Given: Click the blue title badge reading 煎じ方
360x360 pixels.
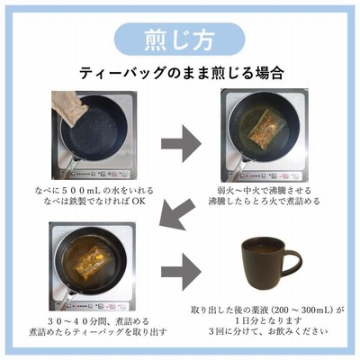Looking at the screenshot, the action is pyautogui.click(x=180, y=40).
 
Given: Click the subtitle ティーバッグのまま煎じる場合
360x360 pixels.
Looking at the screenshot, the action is pyautogui.click(x=182, y=73).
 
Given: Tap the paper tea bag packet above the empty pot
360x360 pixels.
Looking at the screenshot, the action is pyautogui.click(x=69, y=107).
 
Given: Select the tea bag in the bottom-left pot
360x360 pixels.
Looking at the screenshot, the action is pyautogui.click(x=90, y=262).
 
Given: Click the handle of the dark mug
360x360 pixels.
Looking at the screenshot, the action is pyautogui.click(x=292, y=264).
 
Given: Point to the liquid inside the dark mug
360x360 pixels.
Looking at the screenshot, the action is pyautogui.click(x=263, y=248).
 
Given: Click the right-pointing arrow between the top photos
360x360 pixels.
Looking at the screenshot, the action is pyautogui.click(x=181, y=143).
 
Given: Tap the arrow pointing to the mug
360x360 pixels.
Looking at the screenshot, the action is pyautogui.click(x=181, y=272).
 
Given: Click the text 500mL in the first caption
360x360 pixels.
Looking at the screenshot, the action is pyautogui.click(x=81, y=190).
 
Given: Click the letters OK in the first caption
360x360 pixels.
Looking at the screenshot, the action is pyautogui.click(x=139, y=201).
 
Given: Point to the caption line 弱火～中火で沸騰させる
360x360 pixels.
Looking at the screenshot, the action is pyautogui.click(x=264, y=190).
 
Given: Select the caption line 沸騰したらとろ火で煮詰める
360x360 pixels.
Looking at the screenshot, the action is pyautogui.click(x=264, y=201).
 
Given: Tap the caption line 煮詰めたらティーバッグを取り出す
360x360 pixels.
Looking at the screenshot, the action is pyautogui.click(x=98, y=332).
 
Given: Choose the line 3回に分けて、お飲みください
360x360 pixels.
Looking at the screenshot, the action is pyautogui.click(x=268, y=331).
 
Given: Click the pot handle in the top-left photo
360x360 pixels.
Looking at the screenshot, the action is pyautogui.click(x=67, y=169).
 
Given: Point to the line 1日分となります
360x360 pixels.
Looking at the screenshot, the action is pyautogui.click(x=268, y=320).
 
